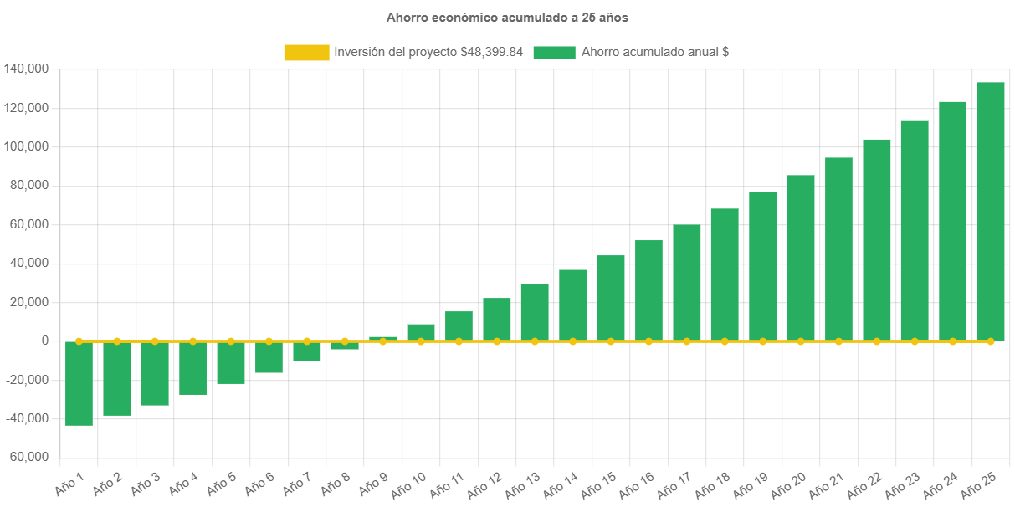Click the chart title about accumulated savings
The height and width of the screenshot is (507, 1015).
tap(507, 18)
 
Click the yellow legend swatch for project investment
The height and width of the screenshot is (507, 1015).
tap(306, 53)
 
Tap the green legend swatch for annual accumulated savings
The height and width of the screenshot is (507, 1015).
tap(554, 53)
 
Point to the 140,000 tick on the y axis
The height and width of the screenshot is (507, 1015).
tap(26, 69)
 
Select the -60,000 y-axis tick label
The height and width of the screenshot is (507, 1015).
tap(26, 458)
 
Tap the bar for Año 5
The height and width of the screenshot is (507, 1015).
tap(231, 362)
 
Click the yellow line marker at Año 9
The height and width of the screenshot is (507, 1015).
tap(382, 341)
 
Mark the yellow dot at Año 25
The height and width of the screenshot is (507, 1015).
tap(990, 341)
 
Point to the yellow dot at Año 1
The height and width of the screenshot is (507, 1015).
tap(79, 341)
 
